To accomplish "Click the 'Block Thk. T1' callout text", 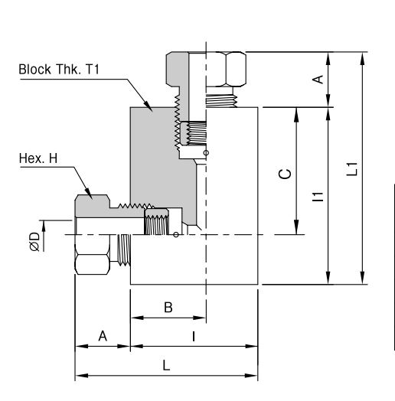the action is pos(59,70).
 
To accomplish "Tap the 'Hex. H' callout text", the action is pos(38,158).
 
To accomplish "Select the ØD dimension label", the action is pos(34,241).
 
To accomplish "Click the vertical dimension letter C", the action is pos(285,174).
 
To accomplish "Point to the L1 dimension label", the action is pos(352,169).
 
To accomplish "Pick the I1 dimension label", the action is pos(318,197).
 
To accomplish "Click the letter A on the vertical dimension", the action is pos(318,80).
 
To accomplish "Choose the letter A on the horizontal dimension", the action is pos(103,336).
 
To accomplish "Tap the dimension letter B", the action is pos(168,307).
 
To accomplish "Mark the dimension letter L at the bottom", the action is pos(166,365).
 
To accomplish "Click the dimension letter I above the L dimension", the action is pos(194,336).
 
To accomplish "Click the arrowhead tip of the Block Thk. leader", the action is pos(152,111).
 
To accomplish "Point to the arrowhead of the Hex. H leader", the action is pos(92,198).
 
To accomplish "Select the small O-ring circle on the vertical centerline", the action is pos(206,153).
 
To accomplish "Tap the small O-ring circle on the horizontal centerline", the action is pos(176,234).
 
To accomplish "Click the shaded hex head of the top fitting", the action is pos(178,69).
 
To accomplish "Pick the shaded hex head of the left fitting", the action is pos(93,205).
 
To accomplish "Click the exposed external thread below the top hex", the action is pos(221,100).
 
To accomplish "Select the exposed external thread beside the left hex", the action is pos(124,249).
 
